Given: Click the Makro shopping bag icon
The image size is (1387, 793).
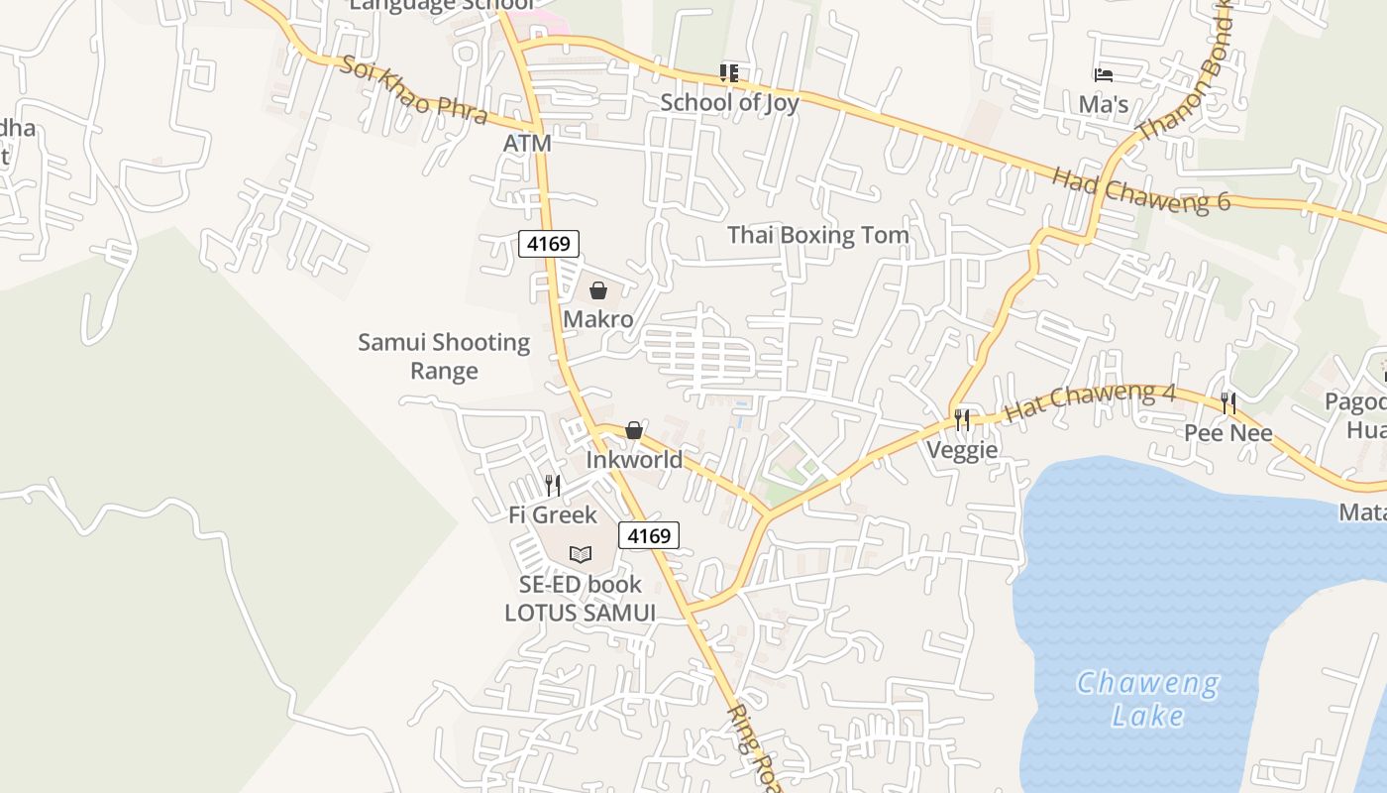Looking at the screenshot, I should (598, 290).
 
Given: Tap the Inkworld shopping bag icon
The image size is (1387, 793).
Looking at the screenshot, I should (634, 430).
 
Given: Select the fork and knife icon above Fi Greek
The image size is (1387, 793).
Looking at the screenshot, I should (553, 486).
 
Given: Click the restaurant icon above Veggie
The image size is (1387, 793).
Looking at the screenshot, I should (962, 420).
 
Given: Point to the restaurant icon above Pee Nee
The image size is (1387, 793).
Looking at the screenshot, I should (1228, 403).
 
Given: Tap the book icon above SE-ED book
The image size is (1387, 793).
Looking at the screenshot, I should (581, 554).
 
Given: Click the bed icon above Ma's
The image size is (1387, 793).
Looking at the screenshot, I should (1104, 74).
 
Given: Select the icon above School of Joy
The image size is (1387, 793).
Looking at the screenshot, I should (729, 72).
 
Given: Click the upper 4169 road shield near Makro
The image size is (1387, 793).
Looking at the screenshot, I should (549, 243).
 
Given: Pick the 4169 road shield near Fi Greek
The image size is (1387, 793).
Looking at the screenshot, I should (649, 535).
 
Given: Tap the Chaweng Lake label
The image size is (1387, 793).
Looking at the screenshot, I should (1148, 699).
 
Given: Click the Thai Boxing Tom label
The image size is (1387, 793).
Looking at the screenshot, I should (818, 235).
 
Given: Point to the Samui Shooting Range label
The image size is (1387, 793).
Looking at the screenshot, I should (444, 357).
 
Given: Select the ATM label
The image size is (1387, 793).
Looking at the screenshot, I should (527, 143).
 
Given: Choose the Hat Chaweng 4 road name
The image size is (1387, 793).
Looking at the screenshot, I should (1090, 401).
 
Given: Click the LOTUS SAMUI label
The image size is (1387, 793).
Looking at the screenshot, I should (580, 613).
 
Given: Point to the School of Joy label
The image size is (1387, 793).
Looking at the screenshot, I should (729, 102).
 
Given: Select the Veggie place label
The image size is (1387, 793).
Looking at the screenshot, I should (962, 451).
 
